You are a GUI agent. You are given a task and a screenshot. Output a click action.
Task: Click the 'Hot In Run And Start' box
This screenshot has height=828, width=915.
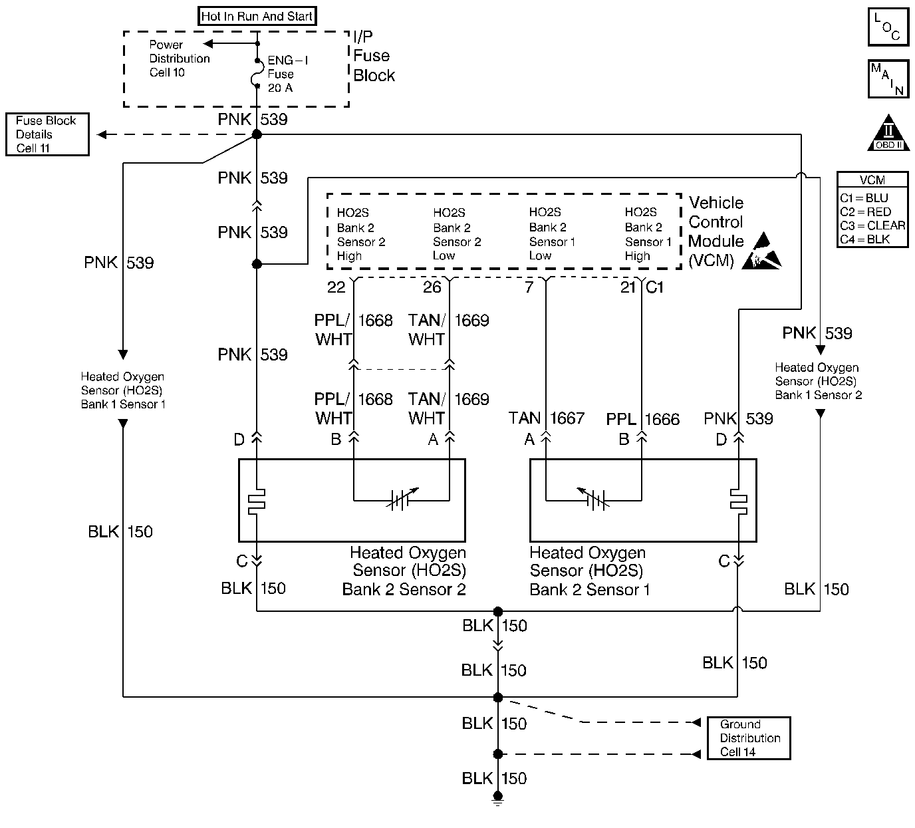pyautogui.click(x=257, y=16)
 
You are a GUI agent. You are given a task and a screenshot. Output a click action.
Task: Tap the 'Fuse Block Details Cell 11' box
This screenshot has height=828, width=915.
pyautogui.click(x=47, y=134)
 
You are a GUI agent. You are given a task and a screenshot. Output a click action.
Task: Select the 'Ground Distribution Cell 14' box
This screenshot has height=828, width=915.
pyautogui.click(x=749, y=738)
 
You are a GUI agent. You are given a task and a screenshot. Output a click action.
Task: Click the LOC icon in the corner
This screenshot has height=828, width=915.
pyautogui.click(x=888, y=27)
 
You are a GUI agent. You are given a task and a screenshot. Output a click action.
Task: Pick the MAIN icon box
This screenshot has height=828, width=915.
pyautogui.click(x=888, y=79)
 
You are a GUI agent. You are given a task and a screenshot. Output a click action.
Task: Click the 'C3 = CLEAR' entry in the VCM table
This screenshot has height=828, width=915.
pyautogui.click(x=872, y=225)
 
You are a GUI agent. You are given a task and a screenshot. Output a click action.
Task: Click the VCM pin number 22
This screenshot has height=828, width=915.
pyautogui.click(x=336, y=287)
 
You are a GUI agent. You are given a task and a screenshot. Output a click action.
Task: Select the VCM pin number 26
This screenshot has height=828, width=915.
pyautogui.click(x=432, y=287)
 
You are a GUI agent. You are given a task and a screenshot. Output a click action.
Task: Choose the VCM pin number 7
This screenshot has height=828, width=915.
pyautogui.click(x=529, y=287)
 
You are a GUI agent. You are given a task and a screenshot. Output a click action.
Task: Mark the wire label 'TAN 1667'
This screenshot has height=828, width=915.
pyautogui.click(x=547, y=418)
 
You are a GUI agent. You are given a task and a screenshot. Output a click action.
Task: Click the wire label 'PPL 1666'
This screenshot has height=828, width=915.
pyautogui.click(x=643, y=420)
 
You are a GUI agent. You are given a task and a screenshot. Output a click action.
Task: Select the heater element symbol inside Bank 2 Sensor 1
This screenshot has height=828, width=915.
pyautogui.click(x=738, y=501)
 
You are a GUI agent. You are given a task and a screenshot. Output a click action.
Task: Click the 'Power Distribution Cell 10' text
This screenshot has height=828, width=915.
pyautogui.click(x=178, y=59)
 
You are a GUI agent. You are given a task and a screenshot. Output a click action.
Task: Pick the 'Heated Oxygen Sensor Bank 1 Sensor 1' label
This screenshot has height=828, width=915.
pyautogui.click(x=123, y=390)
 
